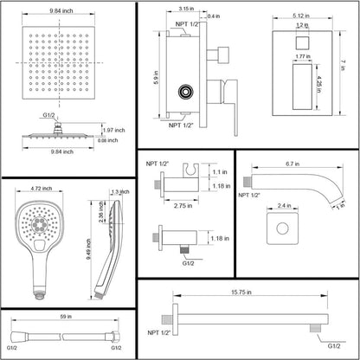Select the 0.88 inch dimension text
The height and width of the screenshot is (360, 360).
tap(110, 140)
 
